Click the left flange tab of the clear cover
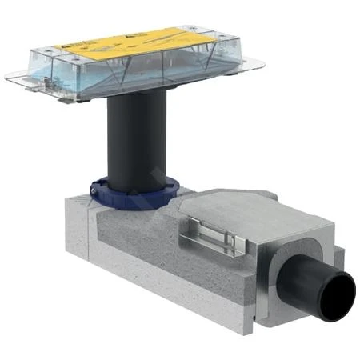pyautogui.click(x=16, y=78)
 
